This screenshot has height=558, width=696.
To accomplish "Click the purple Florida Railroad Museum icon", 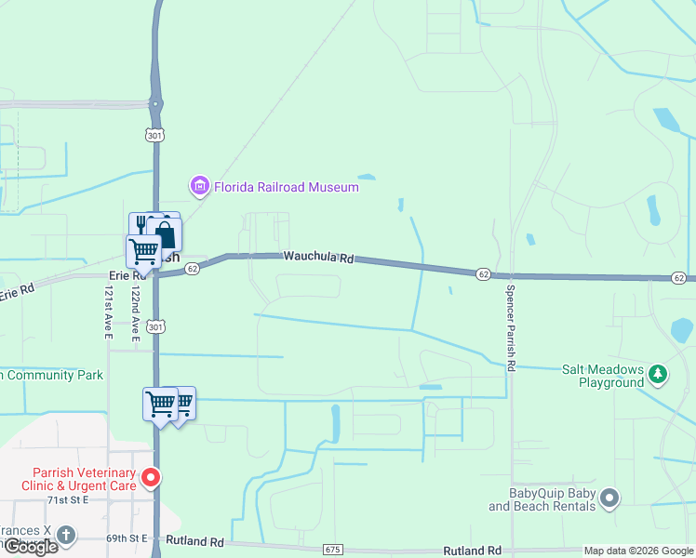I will [x=199, y=187].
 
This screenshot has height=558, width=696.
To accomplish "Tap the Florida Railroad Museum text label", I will [x=287, y=187].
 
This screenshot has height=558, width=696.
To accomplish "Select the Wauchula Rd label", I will [x=320, y=257].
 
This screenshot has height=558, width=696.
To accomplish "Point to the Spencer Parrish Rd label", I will [x=511, y=326].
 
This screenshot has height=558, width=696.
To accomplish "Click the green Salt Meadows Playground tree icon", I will [x=658, y=374].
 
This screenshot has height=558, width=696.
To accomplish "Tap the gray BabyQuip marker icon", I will [x=609, y=498].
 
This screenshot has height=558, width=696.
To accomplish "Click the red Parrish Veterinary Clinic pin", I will [x=151, y=479].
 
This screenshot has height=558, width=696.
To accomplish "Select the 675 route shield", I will [x=333, y=550].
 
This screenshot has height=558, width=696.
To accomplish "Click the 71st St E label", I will [x=68, y=499].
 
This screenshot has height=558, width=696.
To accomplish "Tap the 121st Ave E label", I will [x=107, y=313].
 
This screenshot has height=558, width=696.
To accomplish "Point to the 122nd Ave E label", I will [x=136, y=313].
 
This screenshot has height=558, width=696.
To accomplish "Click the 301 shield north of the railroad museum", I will [x=154, y=136].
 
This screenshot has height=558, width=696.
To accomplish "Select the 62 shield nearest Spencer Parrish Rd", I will [x=483, y=273].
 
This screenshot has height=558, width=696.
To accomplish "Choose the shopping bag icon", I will [x=165, y=233].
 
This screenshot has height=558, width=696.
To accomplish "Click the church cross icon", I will [x=64, y=535].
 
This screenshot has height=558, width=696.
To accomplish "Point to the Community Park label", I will [x=51, y=375].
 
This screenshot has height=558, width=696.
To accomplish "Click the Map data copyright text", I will [x=638, y=551].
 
